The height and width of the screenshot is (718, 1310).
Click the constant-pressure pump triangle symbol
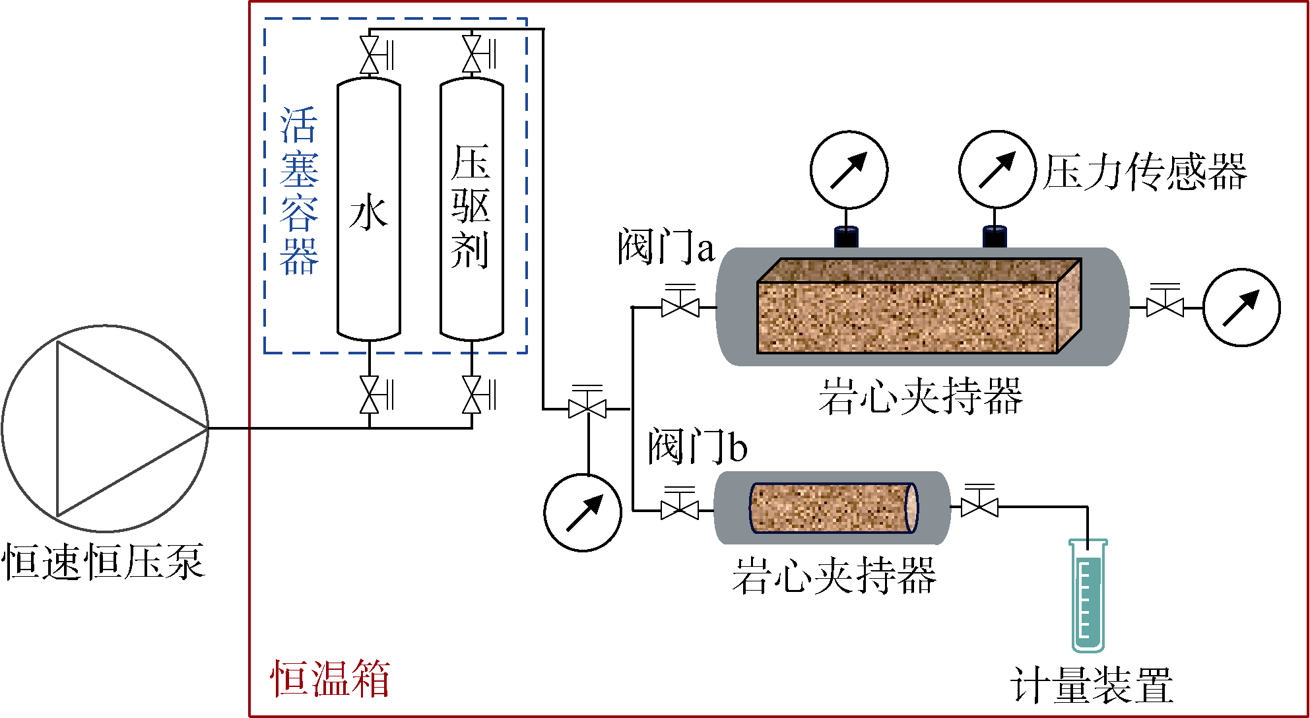[x=119, y=428]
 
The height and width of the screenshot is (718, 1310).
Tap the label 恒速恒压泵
[x=104, y=562]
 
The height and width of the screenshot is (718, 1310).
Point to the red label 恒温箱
[x=330, y=678]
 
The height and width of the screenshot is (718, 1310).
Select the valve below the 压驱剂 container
[x=472, y=395]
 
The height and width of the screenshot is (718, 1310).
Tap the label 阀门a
[x=665, y=247]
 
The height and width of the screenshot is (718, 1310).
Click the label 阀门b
[x=697, y=446]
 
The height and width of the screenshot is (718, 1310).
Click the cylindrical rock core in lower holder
[x=833, y=507]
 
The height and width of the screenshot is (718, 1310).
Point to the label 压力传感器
[x=1144, y=172]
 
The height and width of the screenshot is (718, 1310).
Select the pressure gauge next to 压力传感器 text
[x=997, y=170]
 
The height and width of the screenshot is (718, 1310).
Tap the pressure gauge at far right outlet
[x=1241, y=308]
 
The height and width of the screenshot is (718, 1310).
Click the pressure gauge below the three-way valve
[x=583, y=512]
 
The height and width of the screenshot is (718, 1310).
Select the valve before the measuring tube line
[x=979, y=507]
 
